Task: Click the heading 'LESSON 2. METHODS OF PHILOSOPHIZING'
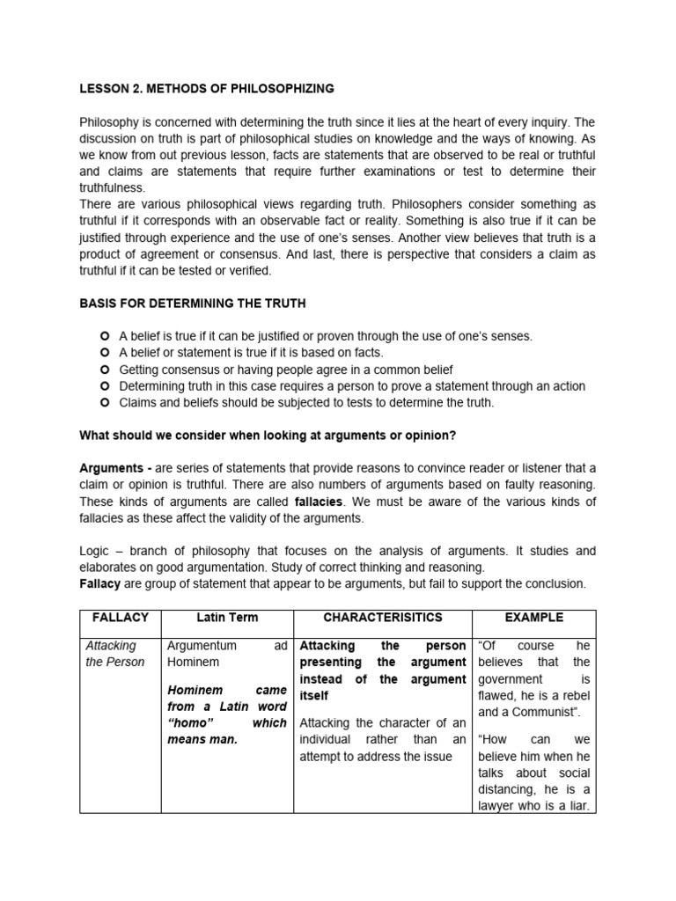pyautogui.click(x=206, y=88)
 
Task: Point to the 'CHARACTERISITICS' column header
pyautogui.click(x=383, y=618)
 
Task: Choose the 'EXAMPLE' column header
pyautogui.click(x=534, y=618)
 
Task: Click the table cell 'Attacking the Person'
pyautogui.click(x=115, y=654)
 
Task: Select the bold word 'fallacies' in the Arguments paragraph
pyautogui.click(x=319, y=502)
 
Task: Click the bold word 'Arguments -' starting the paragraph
pyautogui.click(x=114, y=467)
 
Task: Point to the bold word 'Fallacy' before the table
pyautogui.click(x=99, y=584)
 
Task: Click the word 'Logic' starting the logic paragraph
pyautogui.click(x=95, y=551)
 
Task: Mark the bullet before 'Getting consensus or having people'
pyautogui.click(x=105, y=370)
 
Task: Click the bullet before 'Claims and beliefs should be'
pyautogui.click(x=105, y=403)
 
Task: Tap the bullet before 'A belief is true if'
pyautogui.click(x=105, y=337)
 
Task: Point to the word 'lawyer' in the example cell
pyautogui.click(x=501, y=806)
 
